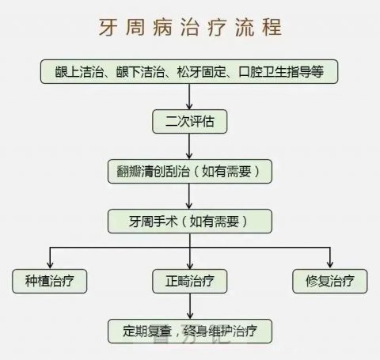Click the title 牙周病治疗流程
[x=190, y=27]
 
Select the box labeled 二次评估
[x=189, y=121]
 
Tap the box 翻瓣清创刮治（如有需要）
[x=190, y=171]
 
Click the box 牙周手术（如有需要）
[x=190, y=221]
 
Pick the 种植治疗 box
[x=50, y=281]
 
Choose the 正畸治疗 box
[x=189, y=281]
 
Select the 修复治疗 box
[x=330, y=281]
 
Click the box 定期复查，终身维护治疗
[x=190, y=331]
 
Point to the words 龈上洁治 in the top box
[x=79, y=71]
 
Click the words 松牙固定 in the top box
[x=202, y=71]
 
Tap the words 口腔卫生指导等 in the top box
[x=281, y=71]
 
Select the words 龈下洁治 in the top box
[x=140, y=71]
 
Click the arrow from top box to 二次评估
[x=189, y=97]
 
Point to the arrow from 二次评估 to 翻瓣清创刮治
[x=189, y=146]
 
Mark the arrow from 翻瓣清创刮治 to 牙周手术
[x=189, y=196]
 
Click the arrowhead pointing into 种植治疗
[x=50, y=265]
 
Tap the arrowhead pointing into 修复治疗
[x=330, y=265]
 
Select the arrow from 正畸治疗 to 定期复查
[x=190, y=306]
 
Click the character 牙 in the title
[x=108, y=27]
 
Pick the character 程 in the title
[x=272, y=27]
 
